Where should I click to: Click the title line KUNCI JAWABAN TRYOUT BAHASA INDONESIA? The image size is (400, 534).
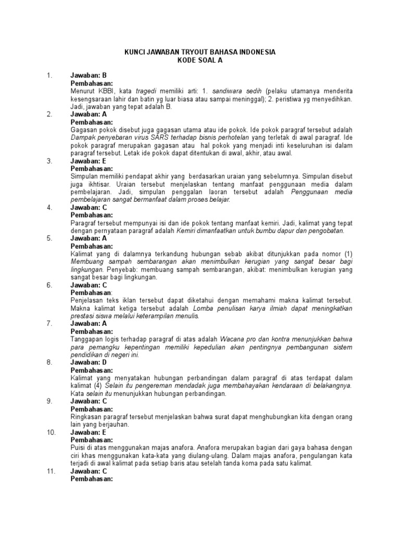[x=199, y=52]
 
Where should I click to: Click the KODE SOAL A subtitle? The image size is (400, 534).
[x=199, y=60]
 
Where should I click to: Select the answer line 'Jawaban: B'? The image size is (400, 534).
[x=89, y=75]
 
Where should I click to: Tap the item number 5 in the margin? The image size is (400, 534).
[x=49, y=238]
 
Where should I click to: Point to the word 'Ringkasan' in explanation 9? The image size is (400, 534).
[x=85, y=417]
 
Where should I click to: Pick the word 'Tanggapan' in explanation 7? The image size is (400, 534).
[x=87, y=339]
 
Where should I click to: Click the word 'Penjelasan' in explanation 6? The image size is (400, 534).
[x=87, y=300]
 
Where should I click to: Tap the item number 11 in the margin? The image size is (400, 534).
[x=51, y=471]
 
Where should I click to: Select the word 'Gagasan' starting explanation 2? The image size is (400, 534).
[x=84, y=129]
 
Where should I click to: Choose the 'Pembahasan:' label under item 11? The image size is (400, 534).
[x=91, y=479]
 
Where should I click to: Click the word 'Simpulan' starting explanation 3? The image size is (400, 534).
[x=85, y=176]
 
